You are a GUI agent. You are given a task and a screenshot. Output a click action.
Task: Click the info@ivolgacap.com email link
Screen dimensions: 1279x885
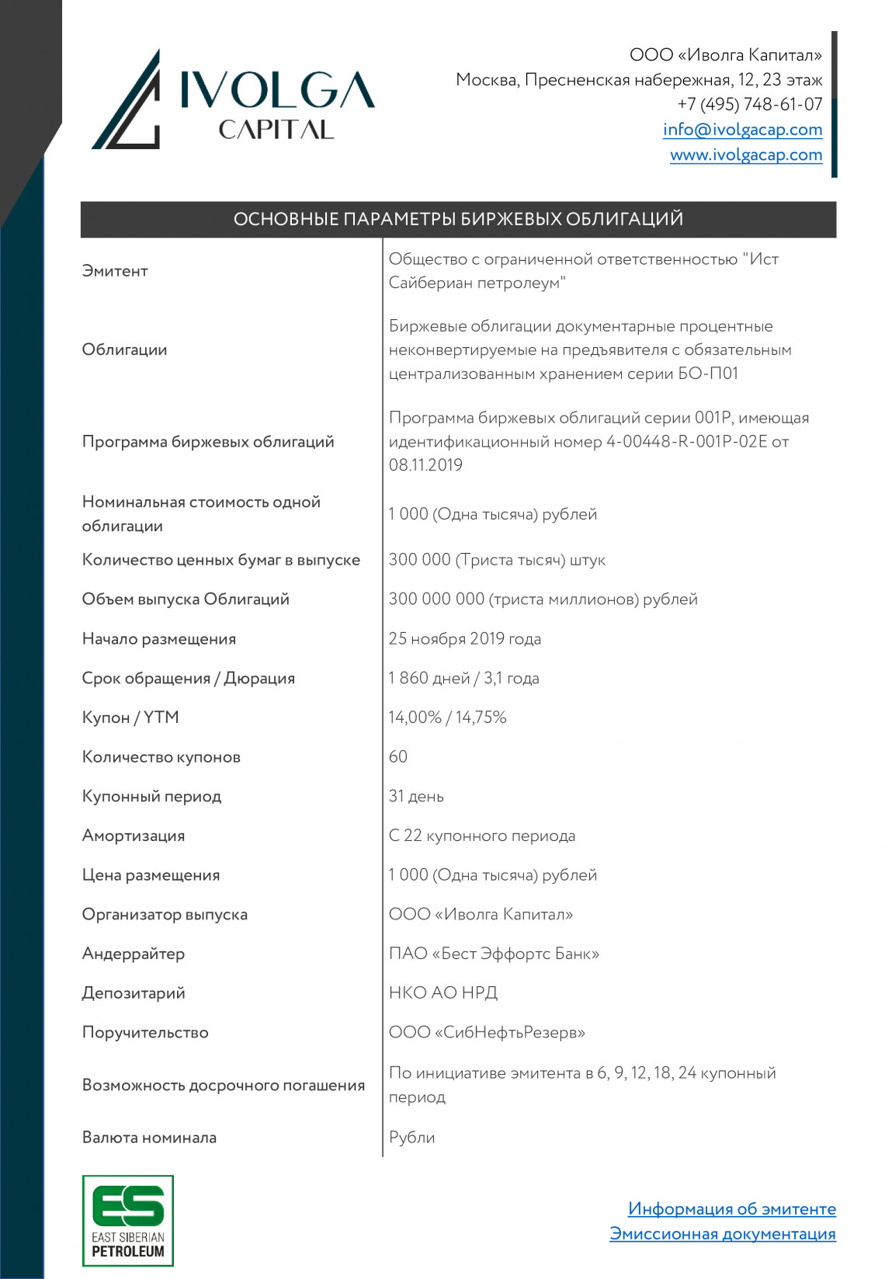click(x=742, y=130)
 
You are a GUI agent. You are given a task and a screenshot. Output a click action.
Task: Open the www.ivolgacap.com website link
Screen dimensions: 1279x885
click(x=746, y=155)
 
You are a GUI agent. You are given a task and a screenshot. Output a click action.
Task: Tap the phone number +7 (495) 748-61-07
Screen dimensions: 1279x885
click(x=749, y=104)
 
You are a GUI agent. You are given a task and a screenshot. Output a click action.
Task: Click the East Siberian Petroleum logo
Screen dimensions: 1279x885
click(x=128, y=1220)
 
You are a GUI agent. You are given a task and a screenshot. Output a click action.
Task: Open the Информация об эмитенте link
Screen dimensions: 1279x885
click(x=731, y=1208)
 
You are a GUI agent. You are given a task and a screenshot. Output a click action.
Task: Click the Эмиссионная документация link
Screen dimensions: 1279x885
click(x=722, y=1233)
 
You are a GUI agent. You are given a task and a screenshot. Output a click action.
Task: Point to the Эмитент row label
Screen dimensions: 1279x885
click(x=115, y=271)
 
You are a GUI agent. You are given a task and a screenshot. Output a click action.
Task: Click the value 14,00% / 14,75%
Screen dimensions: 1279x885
click(x=447, y=718)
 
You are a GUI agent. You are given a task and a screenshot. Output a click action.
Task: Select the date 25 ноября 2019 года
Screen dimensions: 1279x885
click(x=464, y=638)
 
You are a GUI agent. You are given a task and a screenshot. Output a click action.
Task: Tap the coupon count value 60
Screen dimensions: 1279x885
click(x=398, y=756)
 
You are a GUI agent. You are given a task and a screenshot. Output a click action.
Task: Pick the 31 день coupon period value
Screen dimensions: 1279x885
click(x=416, y=796)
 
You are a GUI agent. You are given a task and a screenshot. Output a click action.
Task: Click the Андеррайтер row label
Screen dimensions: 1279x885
click(x=134, y=954)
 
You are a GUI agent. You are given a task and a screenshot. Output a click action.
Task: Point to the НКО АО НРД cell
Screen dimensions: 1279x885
click(x=442, y=992)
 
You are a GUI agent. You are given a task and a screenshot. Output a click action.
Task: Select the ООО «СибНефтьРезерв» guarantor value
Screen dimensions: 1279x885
click(x=487, y=1032)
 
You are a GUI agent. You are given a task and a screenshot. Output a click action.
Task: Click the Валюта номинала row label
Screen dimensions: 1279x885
click(x=149, y=1137)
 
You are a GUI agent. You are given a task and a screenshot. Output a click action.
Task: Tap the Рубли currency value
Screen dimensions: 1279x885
click(x=411, y=1137)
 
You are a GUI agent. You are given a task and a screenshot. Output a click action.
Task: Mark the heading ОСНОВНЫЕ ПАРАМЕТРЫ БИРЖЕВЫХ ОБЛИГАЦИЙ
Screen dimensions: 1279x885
click(x=458, y=219)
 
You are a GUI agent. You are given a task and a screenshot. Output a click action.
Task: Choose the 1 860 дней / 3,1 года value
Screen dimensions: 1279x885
click(x=463, y=678)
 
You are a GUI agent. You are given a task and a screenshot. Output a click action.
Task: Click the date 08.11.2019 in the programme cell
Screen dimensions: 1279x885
click(x=425, y=465)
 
